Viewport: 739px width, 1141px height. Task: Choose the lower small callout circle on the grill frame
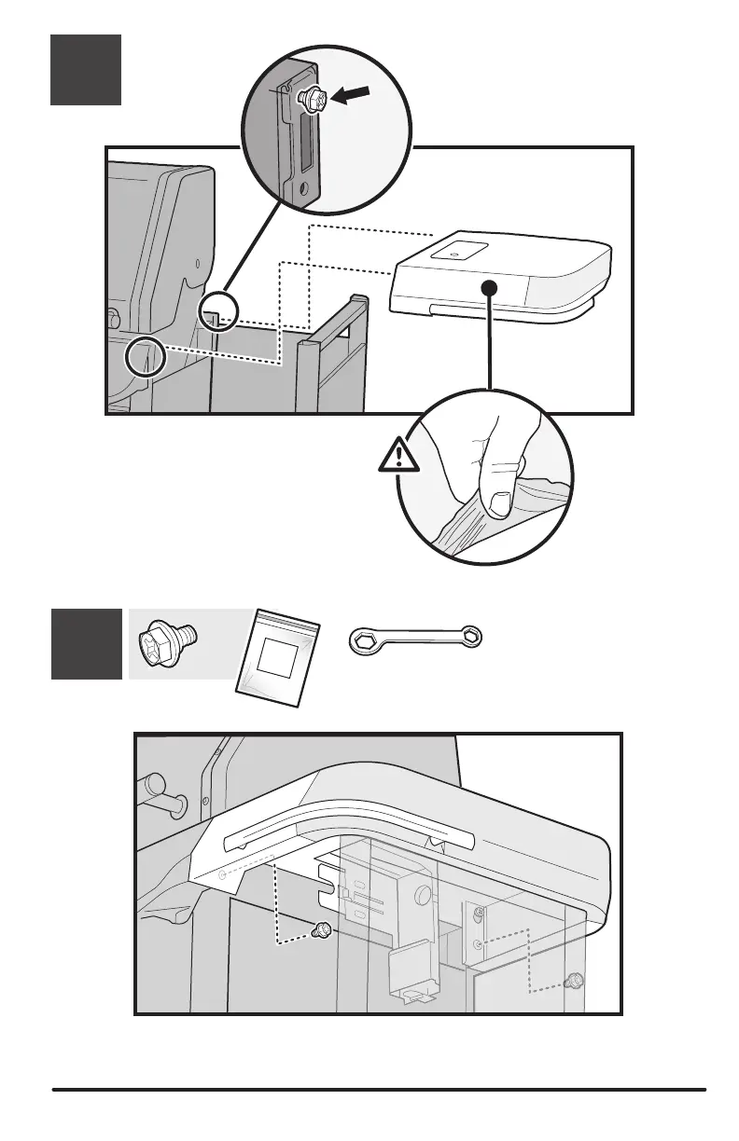146,357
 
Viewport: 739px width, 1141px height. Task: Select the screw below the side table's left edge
322,928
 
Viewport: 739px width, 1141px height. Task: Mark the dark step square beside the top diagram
86,70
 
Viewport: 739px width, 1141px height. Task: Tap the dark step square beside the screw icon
86,643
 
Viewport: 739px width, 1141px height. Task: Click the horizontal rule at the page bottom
379,1088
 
